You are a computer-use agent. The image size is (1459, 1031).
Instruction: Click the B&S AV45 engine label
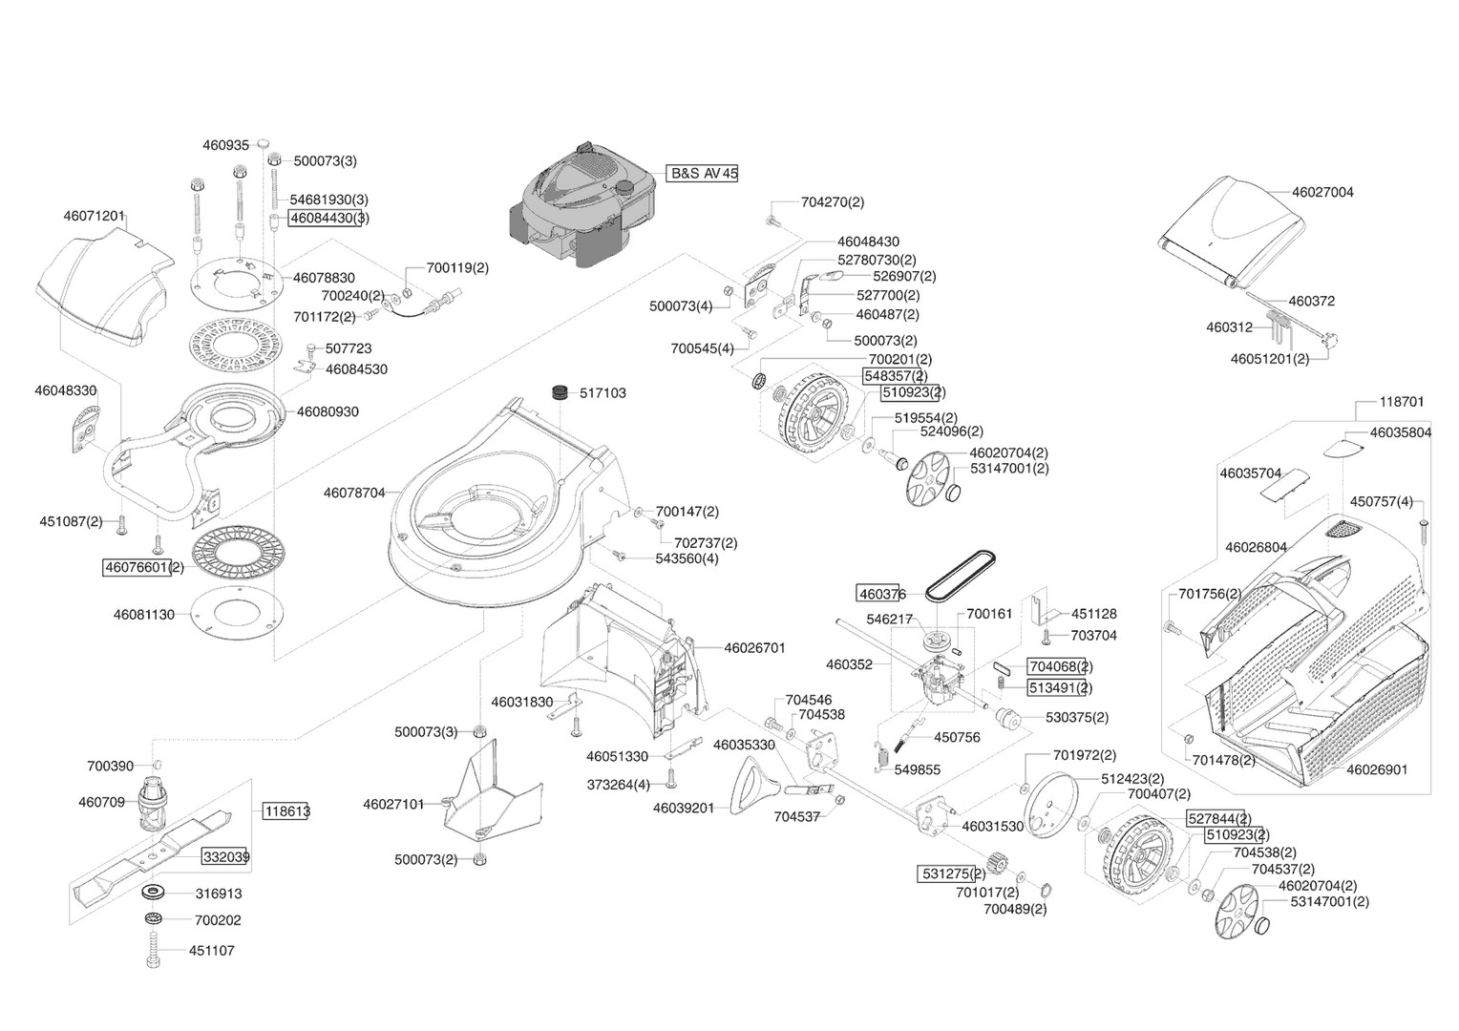[703, 174]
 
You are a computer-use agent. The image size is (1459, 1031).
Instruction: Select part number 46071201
[95, 217]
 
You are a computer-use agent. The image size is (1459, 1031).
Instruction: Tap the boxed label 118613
[287, 811]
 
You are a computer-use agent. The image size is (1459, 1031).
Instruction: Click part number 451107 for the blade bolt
[211, 951]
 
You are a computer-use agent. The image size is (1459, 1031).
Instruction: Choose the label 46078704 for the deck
[354, 493]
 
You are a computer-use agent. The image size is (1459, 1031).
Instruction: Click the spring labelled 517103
[563, 392]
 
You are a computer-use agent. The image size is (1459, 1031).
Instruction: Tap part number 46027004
[1322, 192]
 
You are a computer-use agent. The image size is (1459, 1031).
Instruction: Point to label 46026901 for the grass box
[1376, 769]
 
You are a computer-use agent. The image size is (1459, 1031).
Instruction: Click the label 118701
[1402, 402]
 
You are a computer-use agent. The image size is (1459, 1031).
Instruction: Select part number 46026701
[754, 647]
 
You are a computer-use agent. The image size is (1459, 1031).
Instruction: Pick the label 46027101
[393, 804]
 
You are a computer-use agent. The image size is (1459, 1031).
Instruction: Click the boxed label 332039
[225, 856]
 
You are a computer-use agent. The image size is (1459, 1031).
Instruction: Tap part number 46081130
[144, 615]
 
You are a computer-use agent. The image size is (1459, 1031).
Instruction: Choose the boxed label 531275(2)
[952, 873]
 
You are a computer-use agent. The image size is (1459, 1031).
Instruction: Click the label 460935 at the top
[225, 145]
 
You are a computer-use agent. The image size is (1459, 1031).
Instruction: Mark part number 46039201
[684, 808]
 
